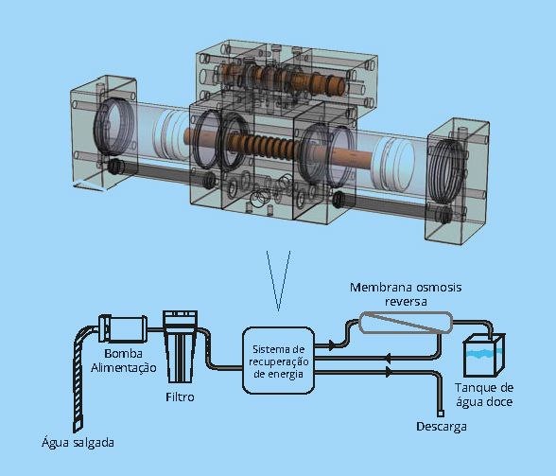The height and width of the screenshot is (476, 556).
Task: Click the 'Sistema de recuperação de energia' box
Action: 278,361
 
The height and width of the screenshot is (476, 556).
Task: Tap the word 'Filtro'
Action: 180,397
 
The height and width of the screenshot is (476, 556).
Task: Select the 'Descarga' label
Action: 441,426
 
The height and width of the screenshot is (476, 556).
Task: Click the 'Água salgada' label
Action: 78,443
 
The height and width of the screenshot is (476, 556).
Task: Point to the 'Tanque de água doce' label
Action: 484,395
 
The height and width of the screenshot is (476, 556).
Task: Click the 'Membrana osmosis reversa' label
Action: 406,294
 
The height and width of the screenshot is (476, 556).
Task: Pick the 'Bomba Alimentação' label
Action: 123,361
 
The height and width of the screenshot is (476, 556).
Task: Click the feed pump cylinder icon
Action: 123,329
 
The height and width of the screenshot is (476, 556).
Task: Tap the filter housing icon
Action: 180,346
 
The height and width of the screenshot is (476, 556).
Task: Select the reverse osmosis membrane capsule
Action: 406,323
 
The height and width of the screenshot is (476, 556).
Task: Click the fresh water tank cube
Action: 484,355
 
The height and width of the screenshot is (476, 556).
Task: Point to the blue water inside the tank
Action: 484,354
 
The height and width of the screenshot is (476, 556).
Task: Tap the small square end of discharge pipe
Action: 441,414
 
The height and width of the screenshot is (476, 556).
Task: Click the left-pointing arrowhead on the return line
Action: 388,358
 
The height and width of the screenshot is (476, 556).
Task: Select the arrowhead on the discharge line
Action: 390,372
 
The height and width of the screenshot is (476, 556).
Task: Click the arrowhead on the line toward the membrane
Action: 332,344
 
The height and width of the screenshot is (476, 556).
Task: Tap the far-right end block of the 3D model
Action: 458,182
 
